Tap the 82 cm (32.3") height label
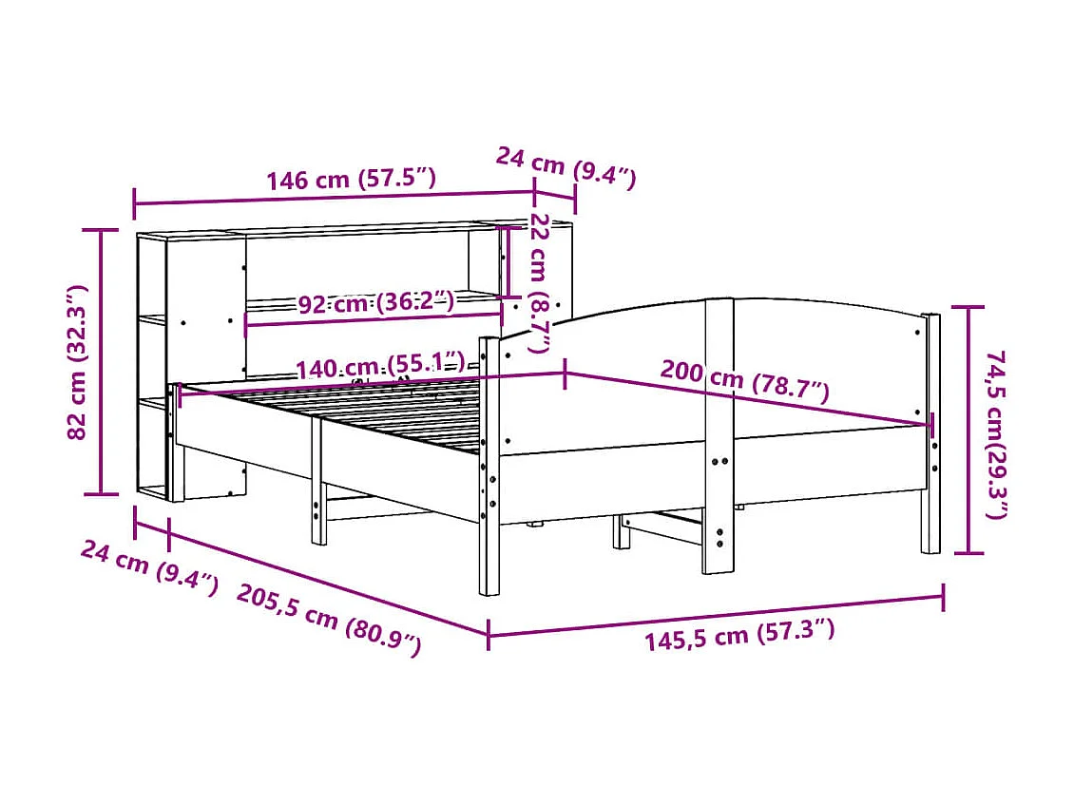78,362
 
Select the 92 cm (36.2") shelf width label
375,304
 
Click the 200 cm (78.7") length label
744,383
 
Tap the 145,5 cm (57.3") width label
739,633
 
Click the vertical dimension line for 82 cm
102,362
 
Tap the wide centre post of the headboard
719,437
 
